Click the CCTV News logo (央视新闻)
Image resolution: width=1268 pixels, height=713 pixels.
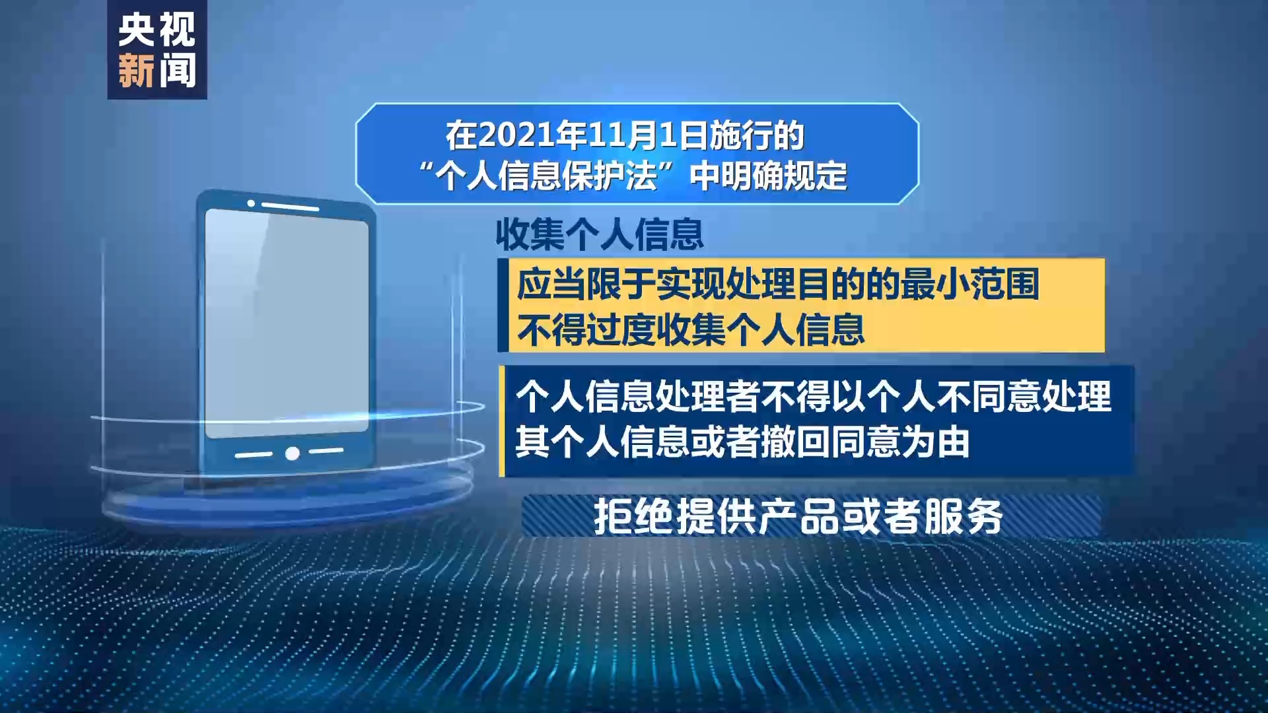pyautogui.click(x=157, y=50)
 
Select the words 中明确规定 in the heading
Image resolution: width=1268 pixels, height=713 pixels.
pyautogui.click(x=768, y=176)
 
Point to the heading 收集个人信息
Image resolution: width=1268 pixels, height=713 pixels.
pyautogui.click(x=600, y=234)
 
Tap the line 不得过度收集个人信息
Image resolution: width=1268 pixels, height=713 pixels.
pyautogui.click(x=691, y=329)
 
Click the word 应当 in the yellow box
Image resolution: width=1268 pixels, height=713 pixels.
pyautogui.click(x=551, y=284)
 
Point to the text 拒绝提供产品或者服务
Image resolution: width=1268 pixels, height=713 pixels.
pyautogui.click(x=798, y=516)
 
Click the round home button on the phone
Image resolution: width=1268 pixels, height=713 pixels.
pyautogui.click(x=293, y=454)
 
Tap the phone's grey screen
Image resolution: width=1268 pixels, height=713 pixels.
pyautogui.click(x=287, y=323)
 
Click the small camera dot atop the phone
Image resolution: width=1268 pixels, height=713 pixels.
pyautogui.click(x=251, y=203)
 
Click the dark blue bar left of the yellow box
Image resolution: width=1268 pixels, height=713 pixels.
pyautogui.click(x=503, y=305)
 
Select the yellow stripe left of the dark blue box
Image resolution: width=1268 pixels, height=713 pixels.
pyautogui.click(x=502, y=421)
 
